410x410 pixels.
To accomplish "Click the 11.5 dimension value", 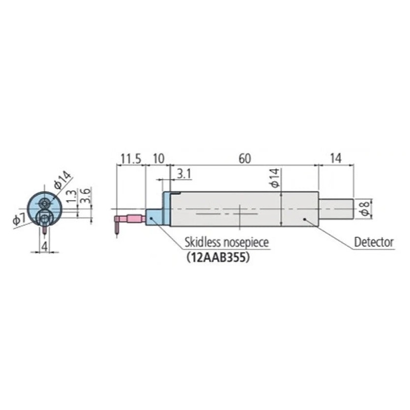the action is [x=131, y=159].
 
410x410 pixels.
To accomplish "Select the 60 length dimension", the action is [x=245, y=159].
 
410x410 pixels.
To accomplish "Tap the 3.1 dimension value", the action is [x=184, y=174].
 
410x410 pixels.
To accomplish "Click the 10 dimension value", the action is [x=158, y=159].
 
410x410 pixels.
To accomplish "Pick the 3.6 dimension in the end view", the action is [x=86, y=195].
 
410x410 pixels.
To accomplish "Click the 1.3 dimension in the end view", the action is [x=72, y=197].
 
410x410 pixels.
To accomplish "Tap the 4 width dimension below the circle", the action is [x=45, y=247].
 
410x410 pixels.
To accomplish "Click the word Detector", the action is [x=374, y=242].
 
